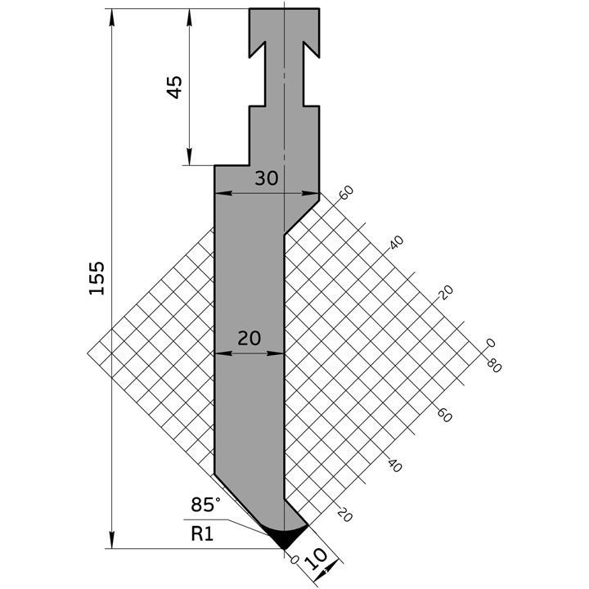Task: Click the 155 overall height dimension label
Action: click(x=97, y=279)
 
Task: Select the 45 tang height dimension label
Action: click(x=174, y=87)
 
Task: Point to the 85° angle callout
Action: click(x=207, y=505)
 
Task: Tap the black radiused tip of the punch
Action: click(x=286, y=537)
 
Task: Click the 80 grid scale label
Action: click(x=493, y=365)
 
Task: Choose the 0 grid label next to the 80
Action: click(x=490, y=344)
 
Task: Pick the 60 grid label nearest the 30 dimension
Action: click(x=346, y=193)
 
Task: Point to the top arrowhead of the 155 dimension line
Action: click(x=110, y=13)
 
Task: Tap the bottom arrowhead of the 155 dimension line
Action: click(x=110, y=544)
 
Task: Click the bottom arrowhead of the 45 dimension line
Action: click(x=189, y=161)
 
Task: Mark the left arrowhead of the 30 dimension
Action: click(x=218, y=194)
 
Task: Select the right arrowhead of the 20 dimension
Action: click(x=280, y=353)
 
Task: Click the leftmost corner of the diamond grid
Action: click(x=88, y=353)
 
